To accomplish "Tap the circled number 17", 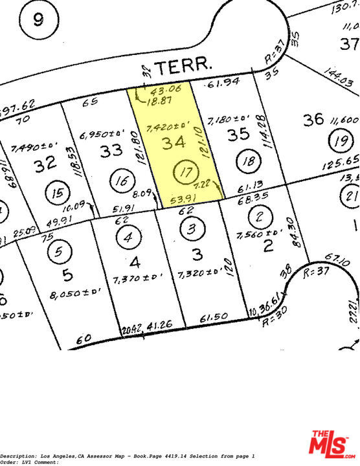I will (185, 173).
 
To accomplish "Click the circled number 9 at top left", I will (37, 20).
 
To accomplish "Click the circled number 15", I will (58, 192).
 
